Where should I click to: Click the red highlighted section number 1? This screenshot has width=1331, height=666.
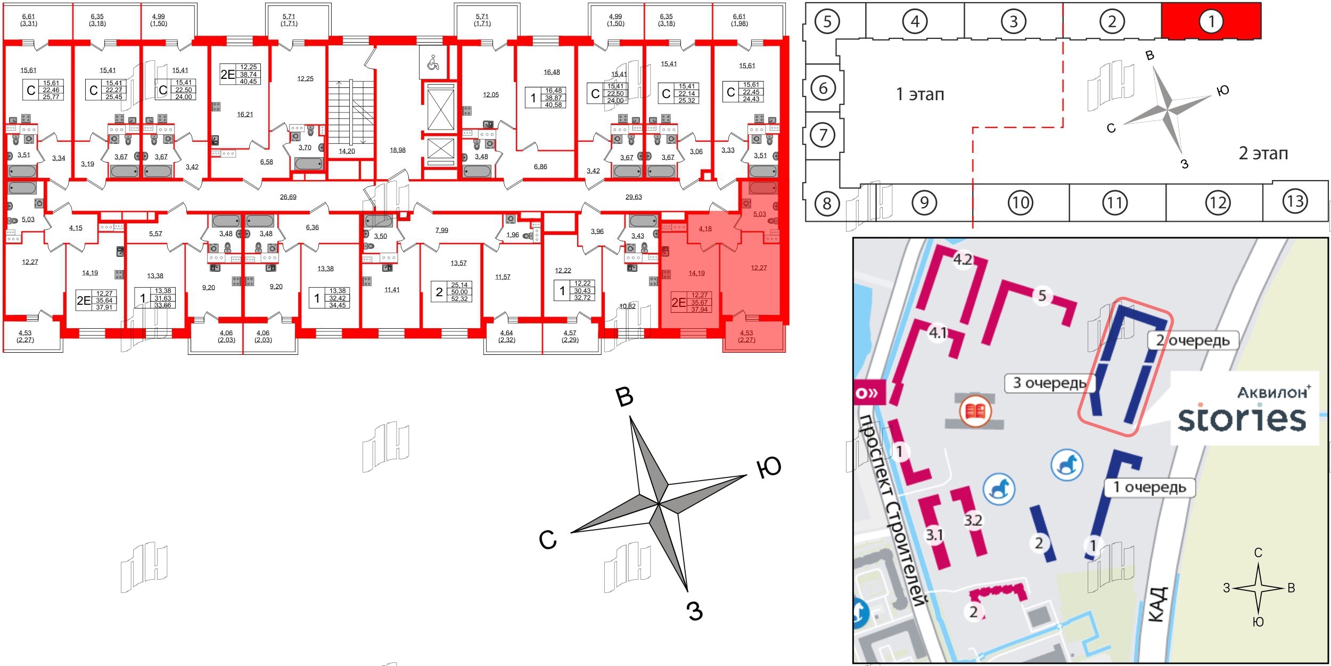coord(1211,21)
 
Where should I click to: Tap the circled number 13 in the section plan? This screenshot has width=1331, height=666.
coord(1295,201)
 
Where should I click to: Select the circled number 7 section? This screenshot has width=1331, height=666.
coord(823,135)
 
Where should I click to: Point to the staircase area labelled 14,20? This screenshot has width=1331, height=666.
coord(347,151)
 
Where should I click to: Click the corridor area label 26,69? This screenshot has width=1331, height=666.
coord(288,197)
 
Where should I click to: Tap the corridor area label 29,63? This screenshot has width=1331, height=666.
coord(634,197)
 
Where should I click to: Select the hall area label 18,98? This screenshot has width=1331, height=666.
coord(397,150)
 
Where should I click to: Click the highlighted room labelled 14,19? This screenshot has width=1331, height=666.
coord(696,273)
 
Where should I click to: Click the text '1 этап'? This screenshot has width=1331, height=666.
coord(920,95)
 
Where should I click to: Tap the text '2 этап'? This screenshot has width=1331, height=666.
coord(1263,153)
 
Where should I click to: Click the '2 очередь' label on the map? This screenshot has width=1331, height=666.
coord(1193,340)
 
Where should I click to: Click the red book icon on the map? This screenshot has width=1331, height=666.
coord(975,411)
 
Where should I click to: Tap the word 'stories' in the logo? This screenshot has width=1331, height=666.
coord(1242,419)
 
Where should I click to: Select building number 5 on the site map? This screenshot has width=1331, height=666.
coord(1042,295)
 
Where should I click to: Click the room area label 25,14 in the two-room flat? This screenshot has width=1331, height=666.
coord(459,285)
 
